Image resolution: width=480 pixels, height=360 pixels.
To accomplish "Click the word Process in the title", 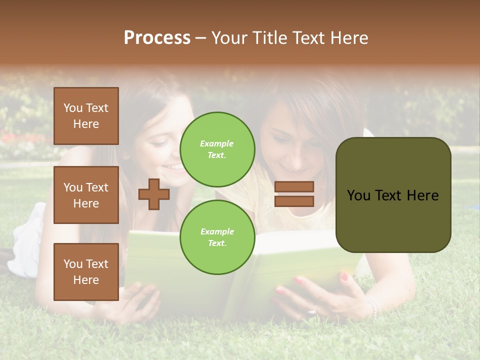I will click(x=157, y=38).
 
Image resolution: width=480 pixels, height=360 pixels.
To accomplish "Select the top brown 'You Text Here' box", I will click(x=86, y=116).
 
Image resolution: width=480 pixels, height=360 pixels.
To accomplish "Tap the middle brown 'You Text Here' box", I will click(x=86, y=195).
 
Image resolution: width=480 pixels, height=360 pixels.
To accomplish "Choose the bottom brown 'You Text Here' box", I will click(x=86, y=271).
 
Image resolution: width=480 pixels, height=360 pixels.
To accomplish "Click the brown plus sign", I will click(x=154, y=194).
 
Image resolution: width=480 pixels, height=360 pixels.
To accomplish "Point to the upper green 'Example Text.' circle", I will click(x=217, y=149).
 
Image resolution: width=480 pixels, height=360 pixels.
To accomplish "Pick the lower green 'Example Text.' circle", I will click(x=217, y=237).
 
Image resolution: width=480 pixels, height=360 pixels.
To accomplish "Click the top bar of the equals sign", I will click(x=294, y=186).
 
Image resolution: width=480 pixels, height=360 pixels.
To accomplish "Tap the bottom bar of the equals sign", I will click(x=294, y=201).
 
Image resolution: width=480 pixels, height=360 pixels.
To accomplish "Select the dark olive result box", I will click(x=393, y=195).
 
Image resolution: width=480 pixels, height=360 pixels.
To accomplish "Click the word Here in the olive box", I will click(x=423, y=195).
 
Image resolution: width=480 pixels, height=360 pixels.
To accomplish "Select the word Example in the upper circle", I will click(x=217, y=143).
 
